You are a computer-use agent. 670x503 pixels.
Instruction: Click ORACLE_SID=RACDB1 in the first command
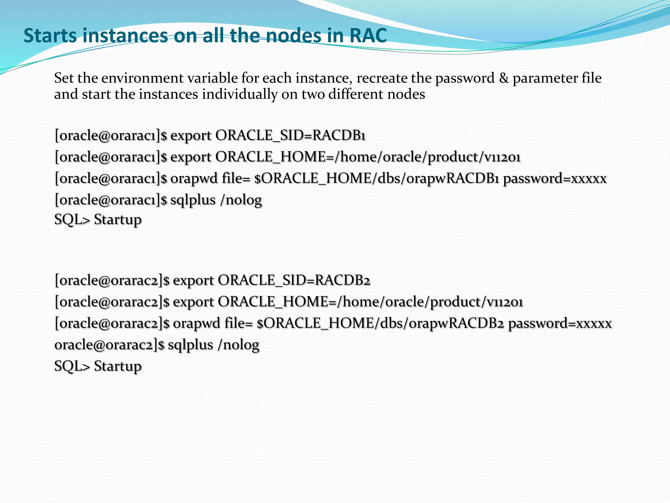(x=290, y=136)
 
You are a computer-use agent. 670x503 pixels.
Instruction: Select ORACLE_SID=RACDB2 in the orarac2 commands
(x=294, y=281)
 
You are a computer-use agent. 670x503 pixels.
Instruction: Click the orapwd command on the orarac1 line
(x=194, y=179)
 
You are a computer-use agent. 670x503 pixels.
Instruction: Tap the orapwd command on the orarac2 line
(x=196, y=324)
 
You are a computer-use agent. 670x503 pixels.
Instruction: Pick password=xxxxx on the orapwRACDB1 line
(x=555, y=179)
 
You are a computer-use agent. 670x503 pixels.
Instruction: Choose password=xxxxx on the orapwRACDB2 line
(x=559, y=324)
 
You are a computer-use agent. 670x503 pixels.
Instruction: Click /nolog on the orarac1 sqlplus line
(x=241, y=200)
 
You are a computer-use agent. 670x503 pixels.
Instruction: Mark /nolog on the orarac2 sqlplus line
(x=238, y=345)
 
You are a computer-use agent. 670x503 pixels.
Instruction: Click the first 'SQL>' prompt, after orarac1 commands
(x=72, y=219)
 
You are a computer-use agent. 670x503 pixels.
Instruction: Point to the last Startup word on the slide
(x=118, y=366)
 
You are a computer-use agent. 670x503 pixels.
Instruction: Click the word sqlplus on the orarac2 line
(x=190, y=345)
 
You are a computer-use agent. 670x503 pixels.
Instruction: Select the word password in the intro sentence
(x=465, y=78)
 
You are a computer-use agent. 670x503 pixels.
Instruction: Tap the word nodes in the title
(x=293, y=35)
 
